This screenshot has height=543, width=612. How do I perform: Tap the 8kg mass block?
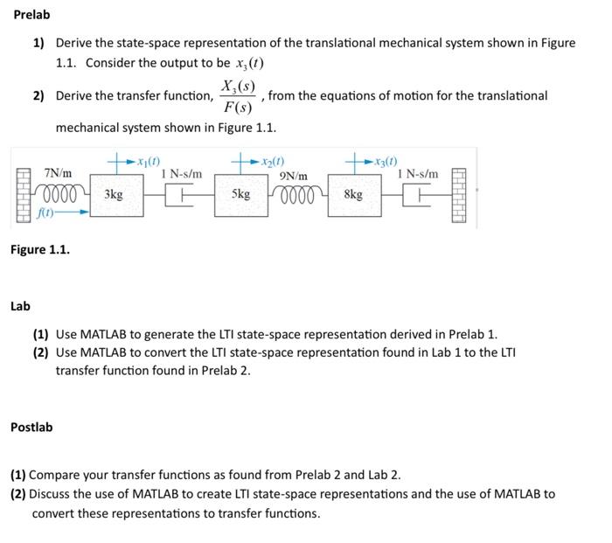point(354,195)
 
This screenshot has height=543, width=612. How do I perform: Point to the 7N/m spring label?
point(59,174)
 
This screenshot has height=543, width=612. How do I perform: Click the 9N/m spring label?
point(293,177)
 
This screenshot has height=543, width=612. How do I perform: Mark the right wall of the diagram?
point(462,196)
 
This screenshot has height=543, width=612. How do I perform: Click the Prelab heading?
point(31,15)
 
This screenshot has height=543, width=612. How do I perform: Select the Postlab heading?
point(31,427)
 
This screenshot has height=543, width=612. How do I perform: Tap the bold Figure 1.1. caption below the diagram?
point(40,249)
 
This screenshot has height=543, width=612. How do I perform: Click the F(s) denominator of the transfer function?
point(238,108)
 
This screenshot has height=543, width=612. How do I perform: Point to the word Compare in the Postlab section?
point(56,475)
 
